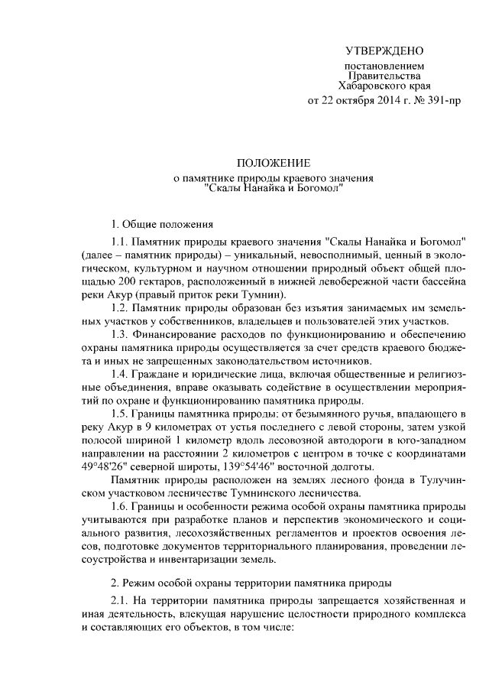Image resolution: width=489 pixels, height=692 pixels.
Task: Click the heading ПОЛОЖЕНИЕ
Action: [274, 163]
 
